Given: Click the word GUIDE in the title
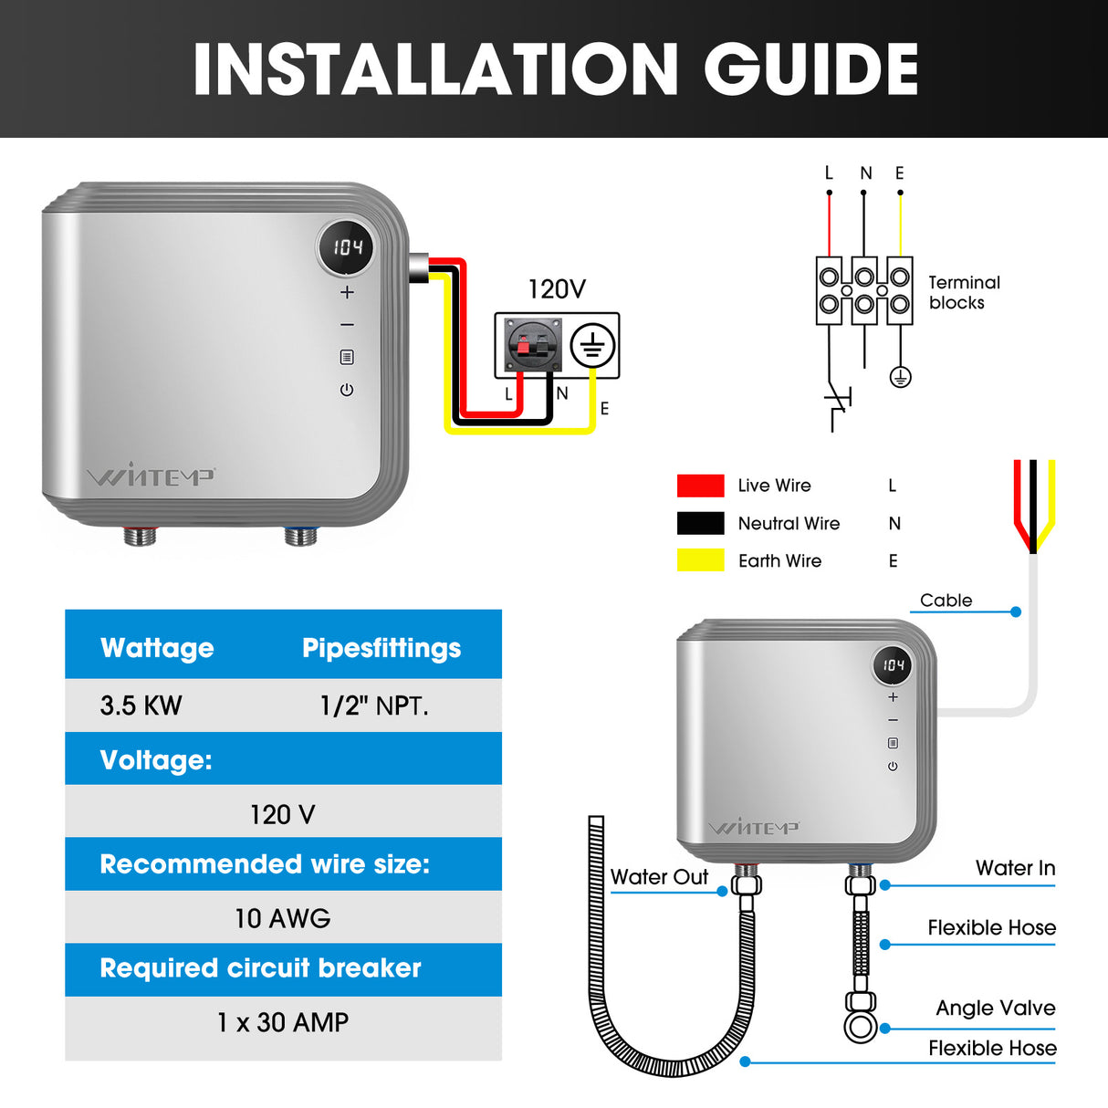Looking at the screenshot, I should (810, 70).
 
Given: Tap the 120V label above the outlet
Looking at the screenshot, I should (557, 289).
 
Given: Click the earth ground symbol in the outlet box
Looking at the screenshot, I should (593, 347).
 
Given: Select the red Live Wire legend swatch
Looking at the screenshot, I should (700, 486).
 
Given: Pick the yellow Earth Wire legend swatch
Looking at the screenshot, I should (700, 560).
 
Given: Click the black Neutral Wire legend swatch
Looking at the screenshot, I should (700, 523).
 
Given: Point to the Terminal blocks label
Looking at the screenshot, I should (964, 293).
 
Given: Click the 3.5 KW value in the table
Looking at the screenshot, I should (141, 706).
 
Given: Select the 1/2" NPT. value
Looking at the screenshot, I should (374, 706).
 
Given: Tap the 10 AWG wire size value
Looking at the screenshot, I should (283, 918).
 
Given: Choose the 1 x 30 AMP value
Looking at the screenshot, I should (283, 1022).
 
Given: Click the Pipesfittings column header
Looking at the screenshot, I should (382, 648).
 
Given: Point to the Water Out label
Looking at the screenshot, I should (659, 877).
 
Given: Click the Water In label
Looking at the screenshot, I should (1015, 868).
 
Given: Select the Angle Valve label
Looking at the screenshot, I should (995, 1009).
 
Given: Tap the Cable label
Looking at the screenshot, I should (946, 601).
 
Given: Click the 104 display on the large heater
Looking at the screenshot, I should (347, 247).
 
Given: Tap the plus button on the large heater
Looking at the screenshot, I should (347, 293).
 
